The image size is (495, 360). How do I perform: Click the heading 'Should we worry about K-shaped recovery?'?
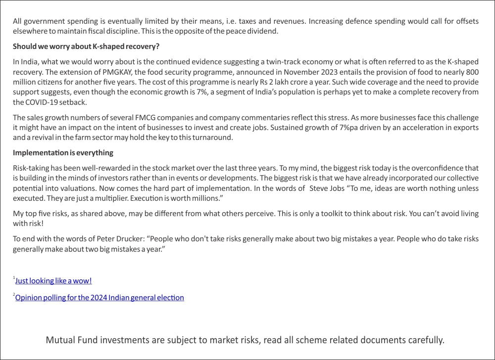86,46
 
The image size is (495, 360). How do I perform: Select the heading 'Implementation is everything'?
63,152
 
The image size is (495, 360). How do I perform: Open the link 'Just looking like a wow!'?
53,281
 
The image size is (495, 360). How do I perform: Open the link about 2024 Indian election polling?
99,298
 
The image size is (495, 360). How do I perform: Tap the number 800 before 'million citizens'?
472,72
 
